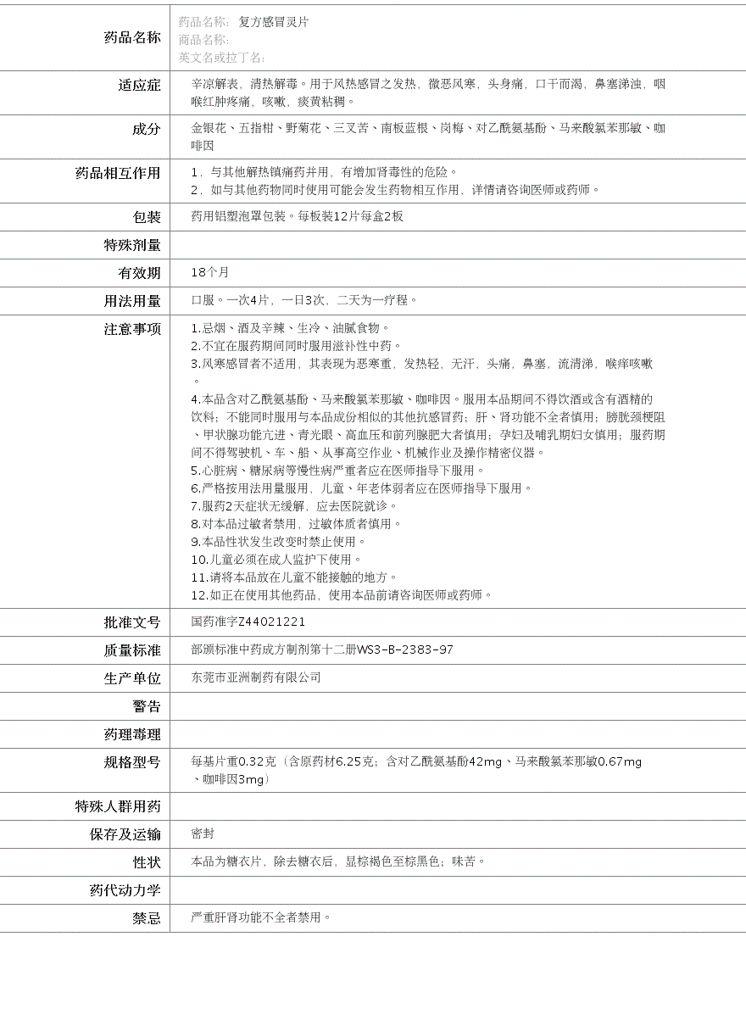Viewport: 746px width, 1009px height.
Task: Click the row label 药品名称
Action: pos(131,37)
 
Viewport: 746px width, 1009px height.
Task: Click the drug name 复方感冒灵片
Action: pos(274,22)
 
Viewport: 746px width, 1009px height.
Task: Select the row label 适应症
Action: pos(139,85)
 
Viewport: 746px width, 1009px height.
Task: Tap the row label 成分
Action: pos(146,129)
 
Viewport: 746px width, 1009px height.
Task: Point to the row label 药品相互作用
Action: pos(118,173)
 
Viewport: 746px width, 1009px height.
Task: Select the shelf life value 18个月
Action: pos(210,272)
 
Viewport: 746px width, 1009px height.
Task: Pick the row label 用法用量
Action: pos(131,301)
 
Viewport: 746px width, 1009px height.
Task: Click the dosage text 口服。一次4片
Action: pos(231,300)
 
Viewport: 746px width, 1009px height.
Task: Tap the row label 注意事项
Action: pos(131,329)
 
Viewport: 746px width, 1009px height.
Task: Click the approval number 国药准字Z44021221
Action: pos(248,622)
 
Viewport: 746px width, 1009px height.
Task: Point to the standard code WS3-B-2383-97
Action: pos(404,649)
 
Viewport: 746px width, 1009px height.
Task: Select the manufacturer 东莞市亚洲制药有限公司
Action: pos(256,677)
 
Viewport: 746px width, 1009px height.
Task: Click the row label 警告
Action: pos(146,706)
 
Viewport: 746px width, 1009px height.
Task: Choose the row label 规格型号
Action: pos(131,762)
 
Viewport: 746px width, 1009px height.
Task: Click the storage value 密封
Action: pos(203,834)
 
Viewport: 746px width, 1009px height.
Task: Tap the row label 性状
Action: pos(146,862)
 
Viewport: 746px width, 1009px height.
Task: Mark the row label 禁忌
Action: pos(146,918)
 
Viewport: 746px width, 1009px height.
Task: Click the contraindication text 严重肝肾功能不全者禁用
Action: pos(260,917)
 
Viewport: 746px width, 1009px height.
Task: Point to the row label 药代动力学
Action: pos(125,890)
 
